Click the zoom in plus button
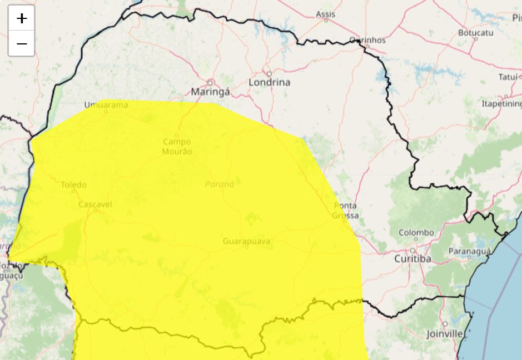(x=22, y=18)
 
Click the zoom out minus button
(x=22, y=43)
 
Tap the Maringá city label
(x=210, y=92)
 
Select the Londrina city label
(x=269, y=82)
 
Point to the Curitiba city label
(x=412, y=259)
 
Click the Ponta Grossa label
(x=346, y=211)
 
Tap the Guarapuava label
(x=246, y=241)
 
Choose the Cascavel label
(x=95, y=204)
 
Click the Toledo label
(x=73, y=184)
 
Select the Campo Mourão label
(x=177, y=147)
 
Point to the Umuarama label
(x=106, y=104)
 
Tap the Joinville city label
(x=445, y=334)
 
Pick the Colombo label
(x=416, y=232)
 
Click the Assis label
(x=326, y=14)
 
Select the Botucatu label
(x=476, y=33)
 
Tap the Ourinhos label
(x=367, y=40)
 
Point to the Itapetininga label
(x=501, y=103)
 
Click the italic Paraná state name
(x=220, y=184)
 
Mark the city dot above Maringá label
(x=210, y=82)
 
